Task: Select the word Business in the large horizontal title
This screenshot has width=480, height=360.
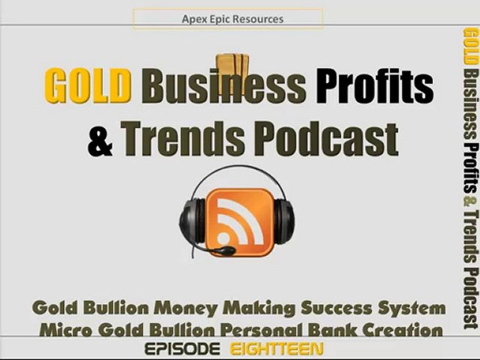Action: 223,85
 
